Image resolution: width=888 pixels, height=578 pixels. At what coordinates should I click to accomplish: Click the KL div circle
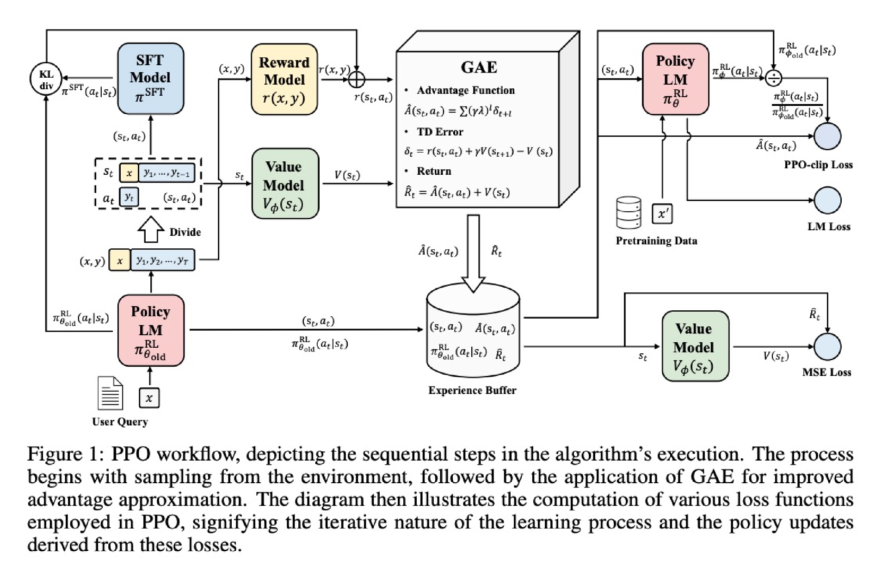point(46,79)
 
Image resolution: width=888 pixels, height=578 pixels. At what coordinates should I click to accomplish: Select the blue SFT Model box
point(150,79)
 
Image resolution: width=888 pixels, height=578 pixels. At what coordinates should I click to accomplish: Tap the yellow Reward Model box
point(284,80)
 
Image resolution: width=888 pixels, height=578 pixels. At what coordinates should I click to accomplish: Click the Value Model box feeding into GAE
point(284,184)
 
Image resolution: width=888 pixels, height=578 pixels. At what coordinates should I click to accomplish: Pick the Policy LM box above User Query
point(151,330)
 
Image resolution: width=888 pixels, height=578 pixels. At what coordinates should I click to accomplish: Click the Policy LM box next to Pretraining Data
point(675,79)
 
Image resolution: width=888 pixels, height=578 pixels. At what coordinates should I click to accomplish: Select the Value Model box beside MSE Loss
point(695,346)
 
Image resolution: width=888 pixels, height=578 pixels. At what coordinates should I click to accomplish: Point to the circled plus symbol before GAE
point(357,79)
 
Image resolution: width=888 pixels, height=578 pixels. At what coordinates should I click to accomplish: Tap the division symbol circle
point(773,79)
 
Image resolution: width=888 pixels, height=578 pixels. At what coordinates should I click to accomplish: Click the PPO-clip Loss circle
point(827,136)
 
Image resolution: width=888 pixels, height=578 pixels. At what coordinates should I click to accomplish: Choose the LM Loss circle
point(827,200)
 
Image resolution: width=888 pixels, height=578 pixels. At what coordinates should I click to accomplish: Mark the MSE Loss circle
point(827,347)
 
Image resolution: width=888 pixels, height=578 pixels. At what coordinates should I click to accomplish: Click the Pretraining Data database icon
point(629,213)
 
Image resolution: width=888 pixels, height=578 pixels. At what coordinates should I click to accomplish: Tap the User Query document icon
point(110,394)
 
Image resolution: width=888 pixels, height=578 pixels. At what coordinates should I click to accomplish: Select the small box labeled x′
point(662,214)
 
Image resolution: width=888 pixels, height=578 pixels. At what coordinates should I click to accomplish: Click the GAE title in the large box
point(479,68)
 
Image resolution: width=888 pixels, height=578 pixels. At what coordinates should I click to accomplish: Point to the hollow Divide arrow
point(151,230)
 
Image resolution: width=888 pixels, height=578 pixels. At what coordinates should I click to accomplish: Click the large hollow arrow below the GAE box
point(473,253)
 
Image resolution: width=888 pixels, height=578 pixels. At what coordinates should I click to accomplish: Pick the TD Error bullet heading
point(439,132)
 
